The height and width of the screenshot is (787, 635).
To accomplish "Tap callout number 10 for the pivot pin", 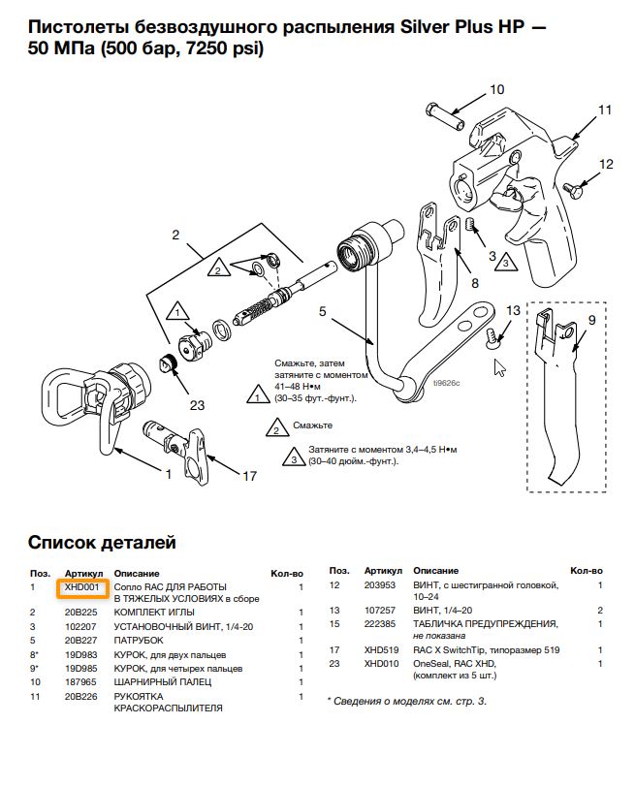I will (496, 90).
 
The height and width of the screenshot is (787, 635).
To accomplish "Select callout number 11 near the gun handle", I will (604, 110).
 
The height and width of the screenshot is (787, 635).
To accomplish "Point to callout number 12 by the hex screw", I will (606, 165).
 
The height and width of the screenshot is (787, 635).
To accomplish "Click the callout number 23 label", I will (197, 406).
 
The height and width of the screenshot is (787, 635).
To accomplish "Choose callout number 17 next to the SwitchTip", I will (249, 475).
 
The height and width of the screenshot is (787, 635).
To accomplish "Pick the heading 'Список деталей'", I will (102, 542).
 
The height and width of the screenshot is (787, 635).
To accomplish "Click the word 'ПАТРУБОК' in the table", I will (139, 641).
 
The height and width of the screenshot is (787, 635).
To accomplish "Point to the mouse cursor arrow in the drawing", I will (500, 368).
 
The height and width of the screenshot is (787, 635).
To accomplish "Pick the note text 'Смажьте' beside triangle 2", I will (313, 425).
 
